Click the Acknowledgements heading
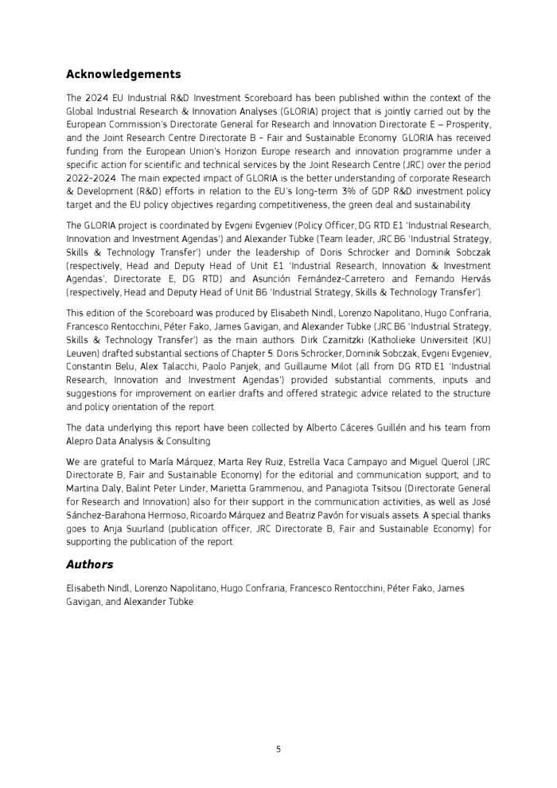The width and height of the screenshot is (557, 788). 123,75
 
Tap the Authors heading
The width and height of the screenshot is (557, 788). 89,564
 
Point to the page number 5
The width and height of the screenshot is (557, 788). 278,749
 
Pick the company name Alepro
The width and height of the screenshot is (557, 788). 83,440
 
